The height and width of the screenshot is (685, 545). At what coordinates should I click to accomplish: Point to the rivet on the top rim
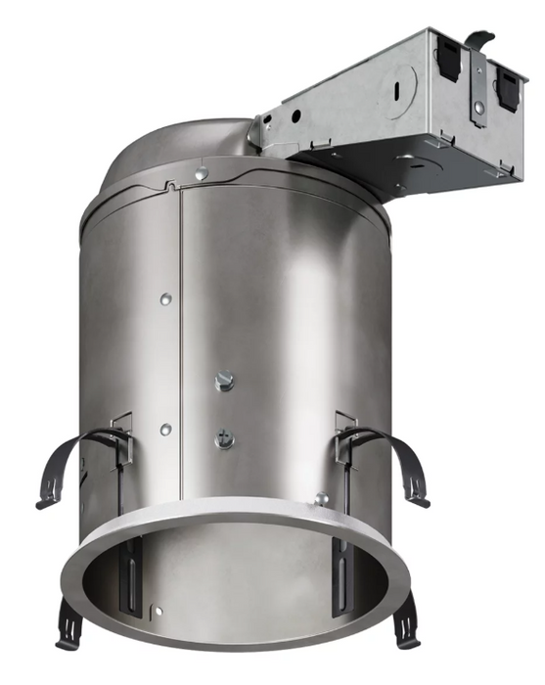point(201,174)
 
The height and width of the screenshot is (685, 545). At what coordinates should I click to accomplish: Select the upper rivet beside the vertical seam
point(165,297)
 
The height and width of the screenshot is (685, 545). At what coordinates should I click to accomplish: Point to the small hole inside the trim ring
point(159,613)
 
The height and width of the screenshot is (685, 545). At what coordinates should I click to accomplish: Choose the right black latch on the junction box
point(509,83)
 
